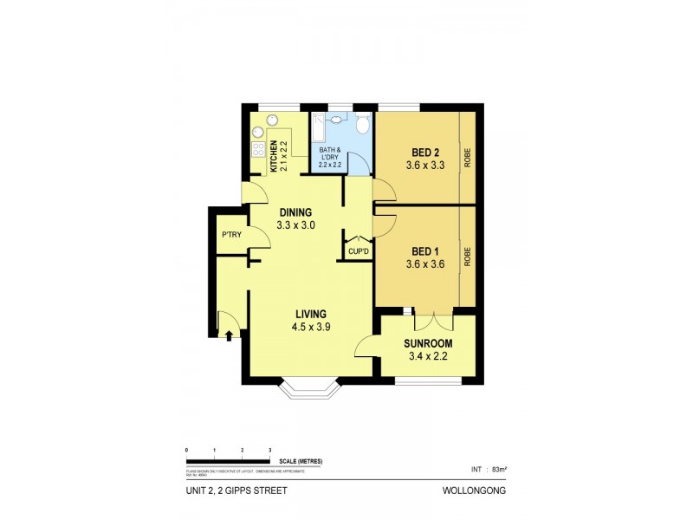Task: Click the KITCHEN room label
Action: click(273, 156)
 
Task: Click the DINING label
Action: click(295, 212)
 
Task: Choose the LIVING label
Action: click(312, 314)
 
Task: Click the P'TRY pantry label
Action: click(230, 235)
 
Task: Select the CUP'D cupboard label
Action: click(359, 251)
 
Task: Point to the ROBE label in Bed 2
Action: click(467, 158)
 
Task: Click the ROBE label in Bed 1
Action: click(467, 257)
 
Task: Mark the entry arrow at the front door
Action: click(229, 334)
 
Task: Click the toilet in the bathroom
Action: click(363, 127)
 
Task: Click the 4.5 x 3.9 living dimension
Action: click(312, 327)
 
